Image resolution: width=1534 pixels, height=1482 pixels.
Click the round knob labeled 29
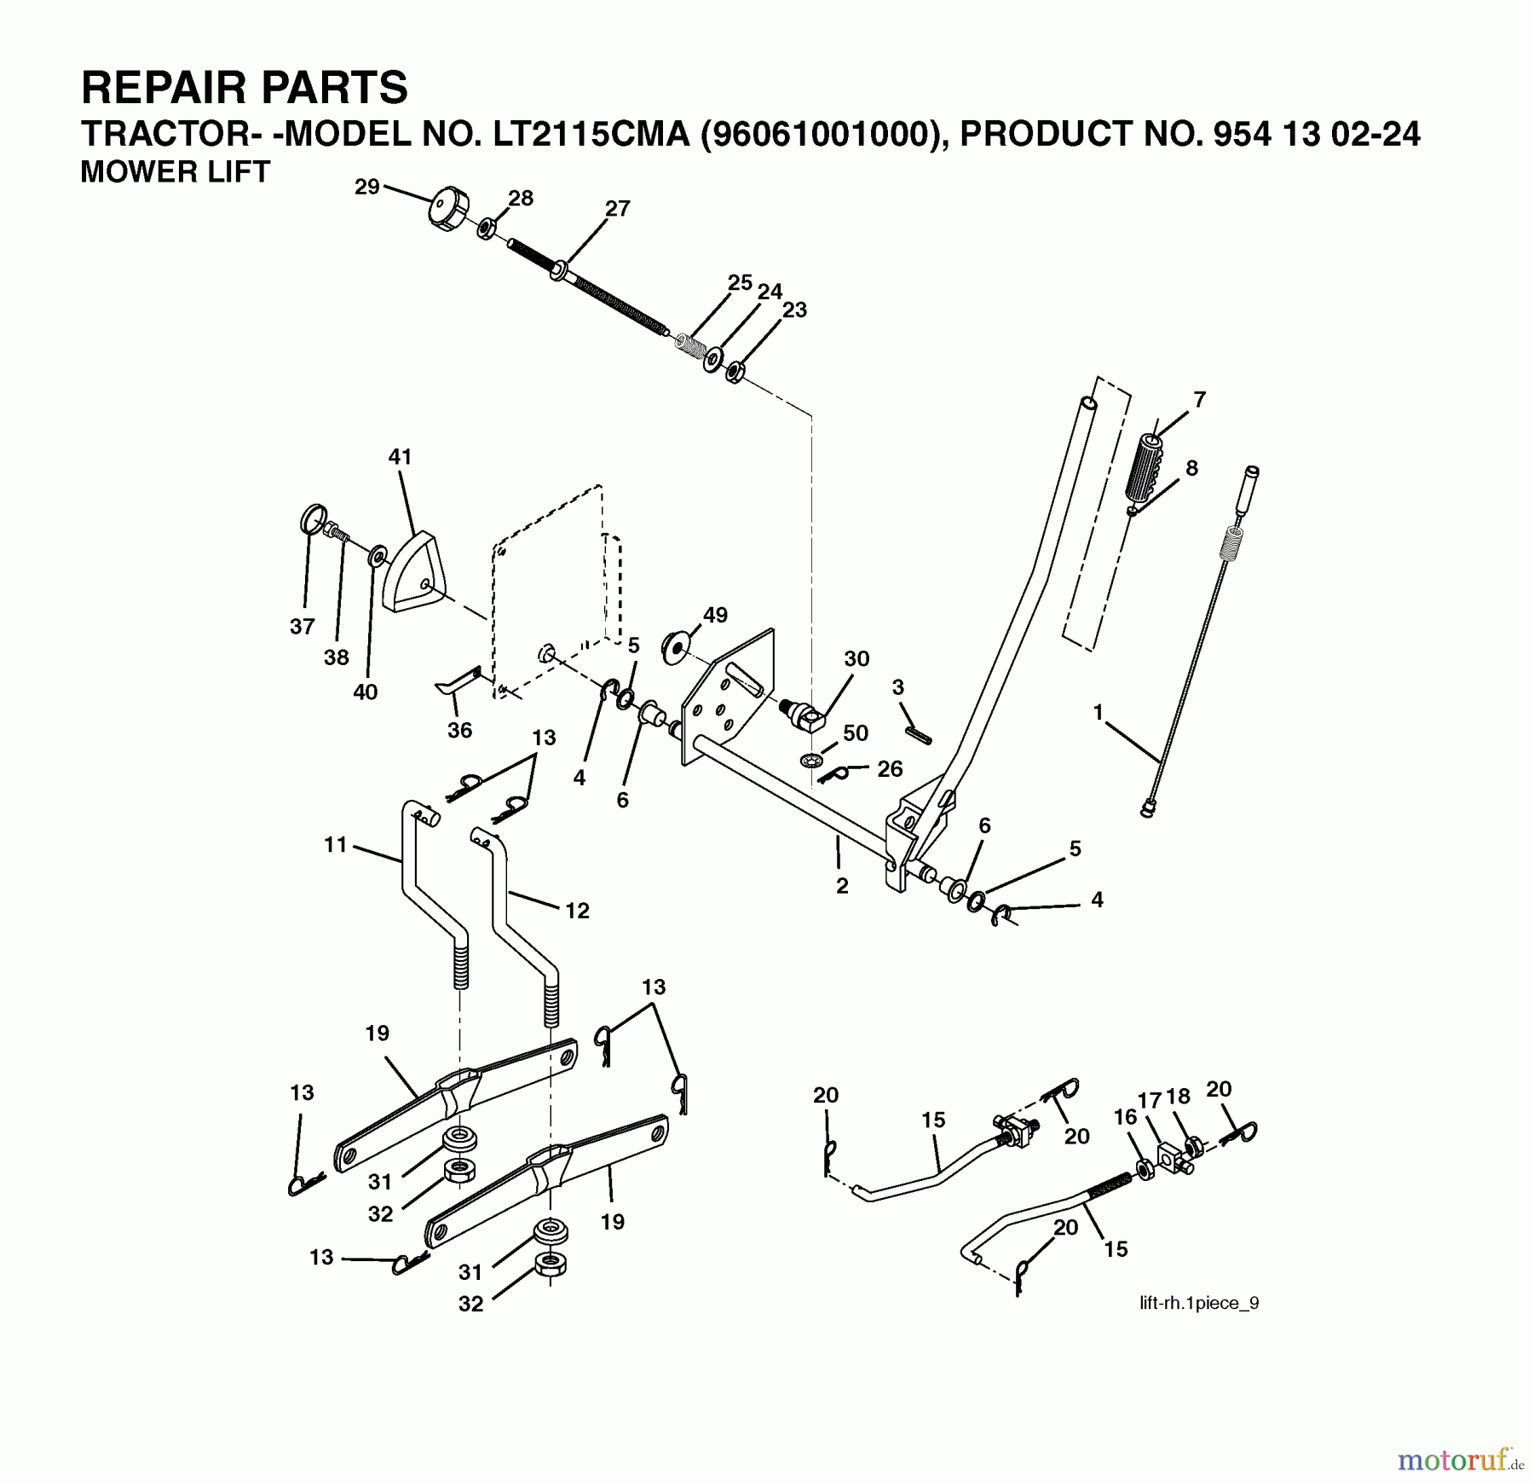click(x=446, y=210)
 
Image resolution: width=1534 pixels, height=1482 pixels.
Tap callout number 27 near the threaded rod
click(x=617, y=209)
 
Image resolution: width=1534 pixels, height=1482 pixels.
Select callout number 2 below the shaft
click(x=842, y=886)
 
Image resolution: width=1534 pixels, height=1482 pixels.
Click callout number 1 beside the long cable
click(x=1098, y=711)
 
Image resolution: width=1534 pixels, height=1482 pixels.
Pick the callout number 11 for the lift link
click(x=336, y=844)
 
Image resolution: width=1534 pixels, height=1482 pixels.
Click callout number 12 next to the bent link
click(x=577, y=911)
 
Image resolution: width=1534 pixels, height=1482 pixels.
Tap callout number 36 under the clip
click(x=459, y=730)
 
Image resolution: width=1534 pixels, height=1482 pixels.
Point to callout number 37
click(x=303, y=627)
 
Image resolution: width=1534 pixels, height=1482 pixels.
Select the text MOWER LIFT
click(x=175, y=172)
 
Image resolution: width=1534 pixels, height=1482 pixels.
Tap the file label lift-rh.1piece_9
click(x=1198, y=1303)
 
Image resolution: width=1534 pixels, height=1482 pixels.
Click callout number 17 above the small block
click(x=1150, y=1101)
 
